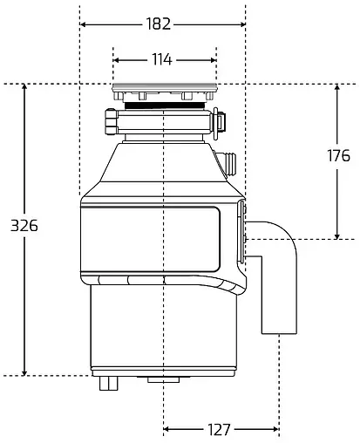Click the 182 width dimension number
pyautogui.click(x=159, y=24)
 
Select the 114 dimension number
pyautogui.click(x=162, y=60)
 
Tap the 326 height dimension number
pyautogui.click(x=24, y=226)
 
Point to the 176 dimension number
pyautogui.click(x=338, y=155)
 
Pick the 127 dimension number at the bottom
pyautogui.click(x=219, y=429)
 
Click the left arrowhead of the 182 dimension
pyautogui.click(x=84, y=24)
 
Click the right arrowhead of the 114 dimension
pyautogui.click(x=213, y=60)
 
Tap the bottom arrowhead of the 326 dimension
pyautogui.click(x=24, y=372)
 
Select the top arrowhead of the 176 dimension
pyautogui.click(x=337, y=88)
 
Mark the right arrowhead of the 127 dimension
pyautogui.click(x=275, y=429)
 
